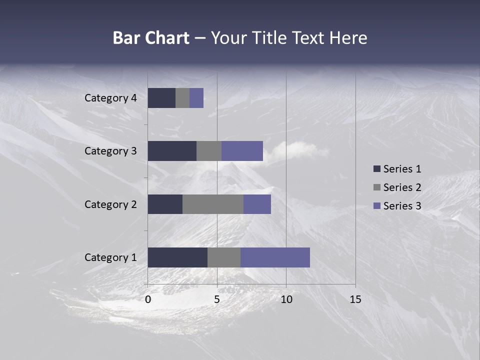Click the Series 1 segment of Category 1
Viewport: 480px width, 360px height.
click(x=177, y=257)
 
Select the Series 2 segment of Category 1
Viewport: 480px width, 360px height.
click(x=224, y=257)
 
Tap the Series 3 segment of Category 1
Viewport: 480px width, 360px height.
click(x=275, y=257)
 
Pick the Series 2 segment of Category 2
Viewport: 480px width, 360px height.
click(x=213, y=204)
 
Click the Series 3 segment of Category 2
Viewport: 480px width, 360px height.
click(x=257, y=204)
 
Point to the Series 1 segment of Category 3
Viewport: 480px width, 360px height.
click(x=172, y=151)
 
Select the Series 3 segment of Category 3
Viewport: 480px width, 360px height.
click(x=242, y=151)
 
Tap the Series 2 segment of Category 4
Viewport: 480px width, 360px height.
click(x=182, y=98)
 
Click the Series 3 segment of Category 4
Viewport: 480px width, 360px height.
click(x=196, y=98)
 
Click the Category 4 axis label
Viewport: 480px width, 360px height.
click(x=110, y=98)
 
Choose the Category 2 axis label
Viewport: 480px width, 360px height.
click(x=110, y=204)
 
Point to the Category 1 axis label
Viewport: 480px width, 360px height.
click(x=110, y=257)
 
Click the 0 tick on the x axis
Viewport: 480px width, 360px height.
click(x=148, y=299)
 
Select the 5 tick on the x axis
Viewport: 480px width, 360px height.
click(x=217, y=299)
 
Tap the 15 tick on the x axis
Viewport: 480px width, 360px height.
click(x=355, y=299)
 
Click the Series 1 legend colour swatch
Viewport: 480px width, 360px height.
click(x=377, y=169)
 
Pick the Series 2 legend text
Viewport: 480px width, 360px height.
click(x=402, y=187)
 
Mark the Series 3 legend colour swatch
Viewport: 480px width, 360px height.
click(x=377, y=206)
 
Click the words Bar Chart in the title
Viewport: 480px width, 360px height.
click(x=151, y=38)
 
